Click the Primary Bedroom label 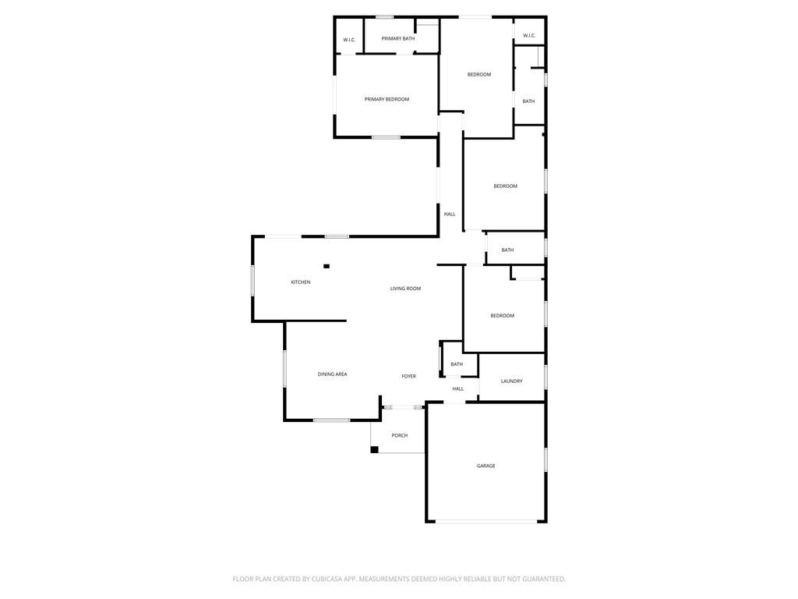click(x=387, y=99)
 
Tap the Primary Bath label click(x=397, y=38)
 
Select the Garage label click(x=486, y=466)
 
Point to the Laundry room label click(x=511, y=381)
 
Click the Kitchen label click(x=301, y=282)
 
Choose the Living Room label click(x=405, y=289)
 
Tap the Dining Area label click(x=332, y=374)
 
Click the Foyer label click(x=408, y=376)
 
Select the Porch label click(x=399, y=435)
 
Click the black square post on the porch click(x=374, y=449)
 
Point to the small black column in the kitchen click(x=327, y=266)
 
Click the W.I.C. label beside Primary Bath click(x=349, y=40)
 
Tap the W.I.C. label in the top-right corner click(x=528, y=35)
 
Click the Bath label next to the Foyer click(x=457, y=364)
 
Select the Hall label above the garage click(x=457, y=388)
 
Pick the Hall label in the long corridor click(x=450, y=214)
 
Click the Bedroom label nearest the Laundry click(x=502, y=315)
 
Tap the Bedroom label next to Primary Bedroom click(x=478, y=74)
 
